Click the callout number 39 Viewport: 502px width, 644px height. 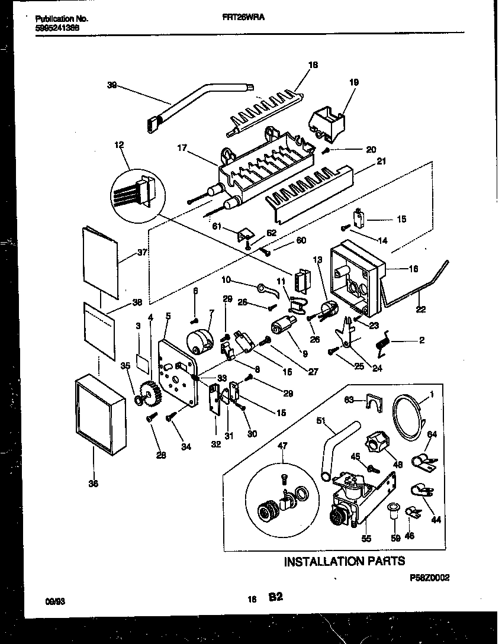[112, 85]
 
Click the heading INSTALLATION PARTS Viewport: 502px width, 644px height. [345, 561]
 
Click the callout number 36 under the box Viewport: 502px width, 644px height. [93, 483]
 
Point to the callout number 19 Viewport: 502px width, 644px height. [354, 83]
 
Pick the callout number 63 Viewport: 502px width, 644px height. [350, 400]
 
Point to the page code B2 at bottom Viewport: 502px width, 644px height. [275, 598]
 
